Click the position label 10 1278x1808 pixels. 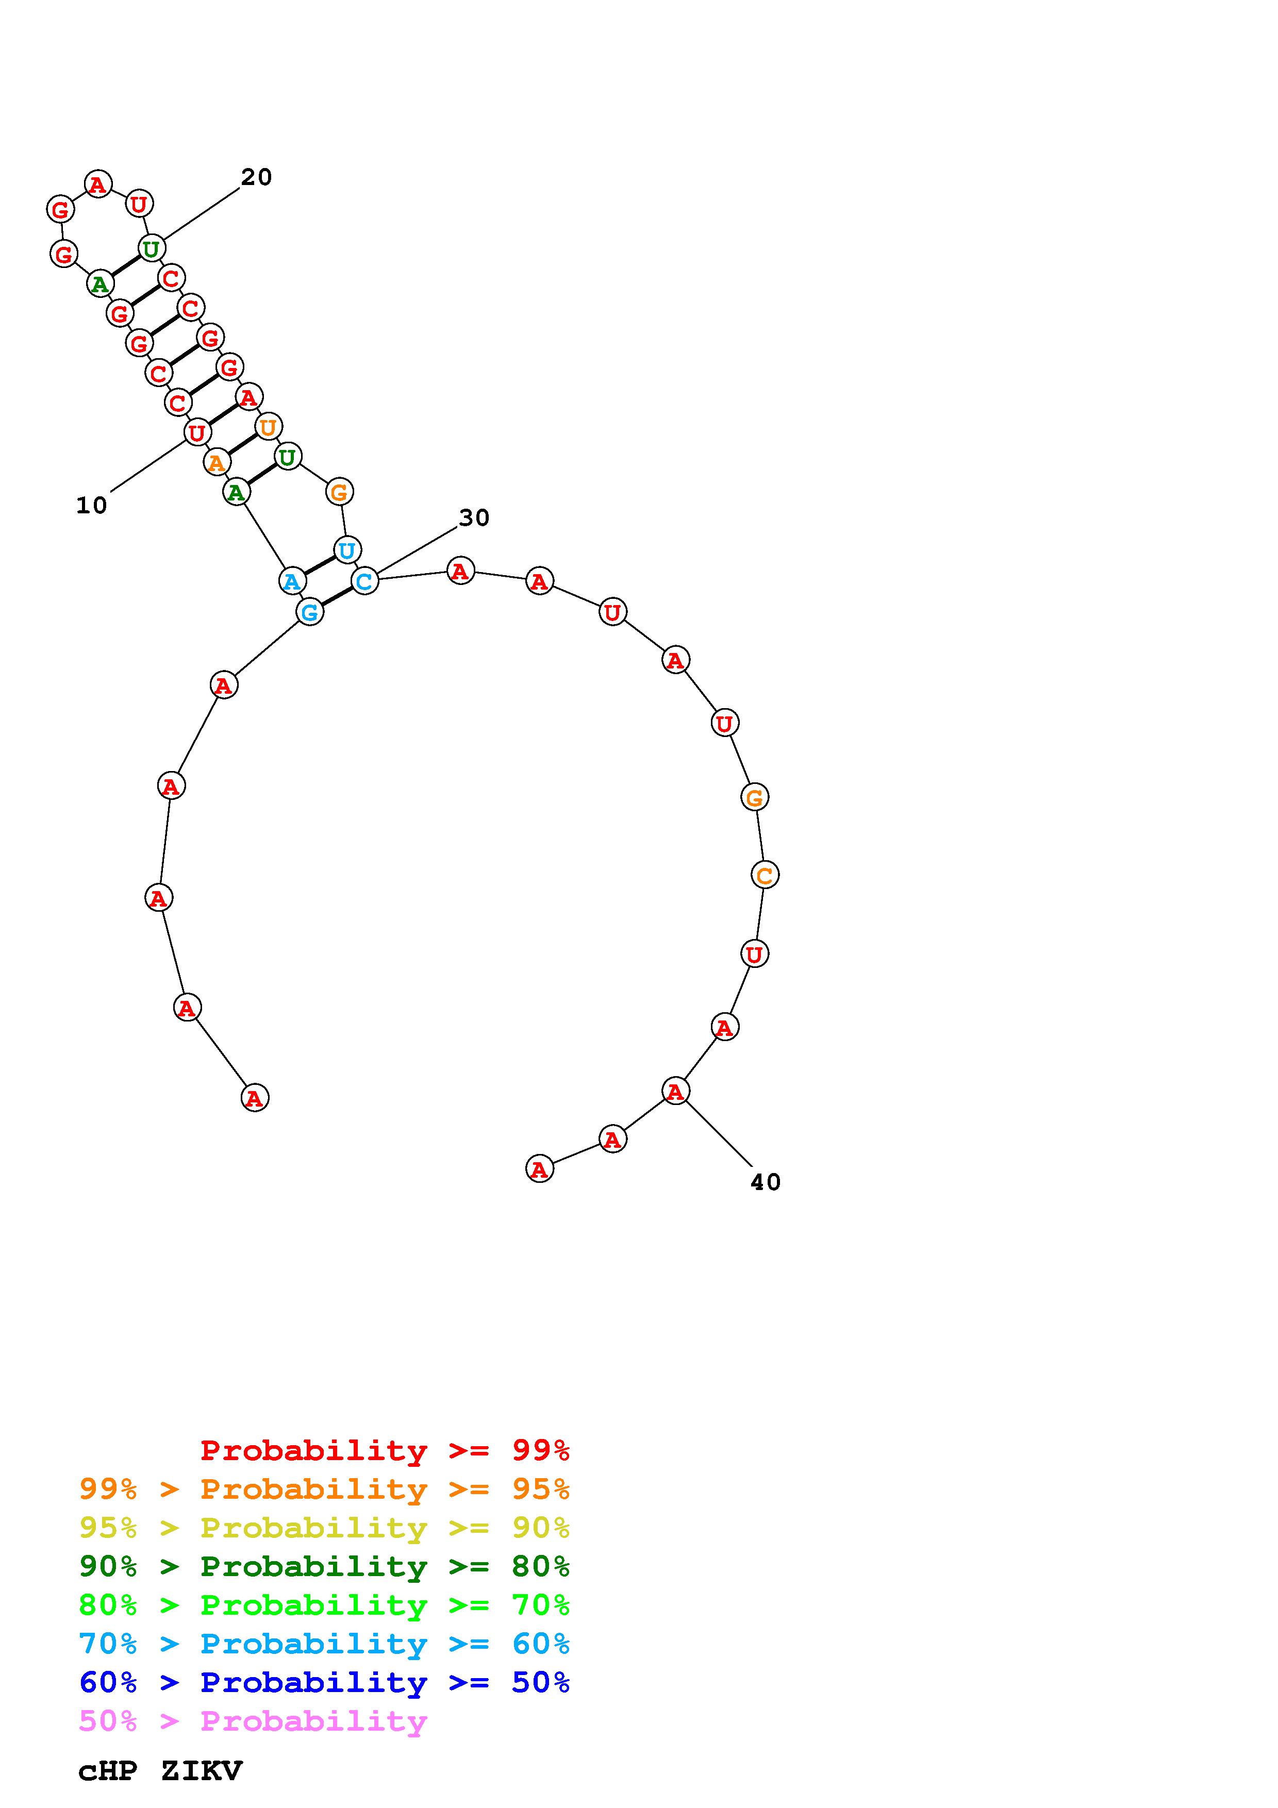[91, 506]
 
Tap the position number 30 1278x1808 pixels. [474, 517]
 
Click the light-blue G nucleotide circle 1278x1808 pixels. [309, 612]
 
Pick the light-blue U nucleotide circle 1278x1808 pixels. [346, 549]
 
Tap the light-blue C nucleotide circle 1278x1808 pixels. [364, 581]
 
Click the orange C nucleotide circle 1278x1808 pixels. [765, 875]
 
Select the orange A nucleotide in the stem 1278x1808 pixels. [217, 462]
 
